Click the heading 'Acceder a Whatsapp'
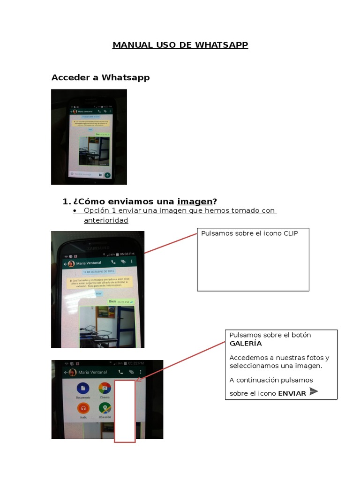pos(100,77)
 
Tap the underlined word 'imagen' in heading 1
pos(195,201)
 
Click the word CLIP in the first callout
pos(290,233)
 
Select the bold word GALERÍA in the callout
pos(246,343)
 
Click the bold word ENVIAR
pos(292,393)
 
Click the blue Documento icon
pos(83,388)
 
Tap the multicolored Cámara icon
pos(105,388)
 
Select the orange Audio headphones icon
pos(83,408)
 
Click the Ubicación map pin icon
pos(105,408)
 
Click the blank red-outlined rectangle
pos(125,411)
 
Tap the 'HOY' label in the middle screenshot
pos(99,293)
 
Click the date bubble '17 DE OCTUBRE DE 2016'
pos(99,271)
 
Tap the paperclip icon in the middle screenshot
pos(123,262)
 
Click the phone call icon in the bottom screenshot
pos(120,372)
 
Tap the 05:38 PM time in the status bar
pos(127,254)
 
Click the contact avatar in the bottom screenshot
pos(73,372)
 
